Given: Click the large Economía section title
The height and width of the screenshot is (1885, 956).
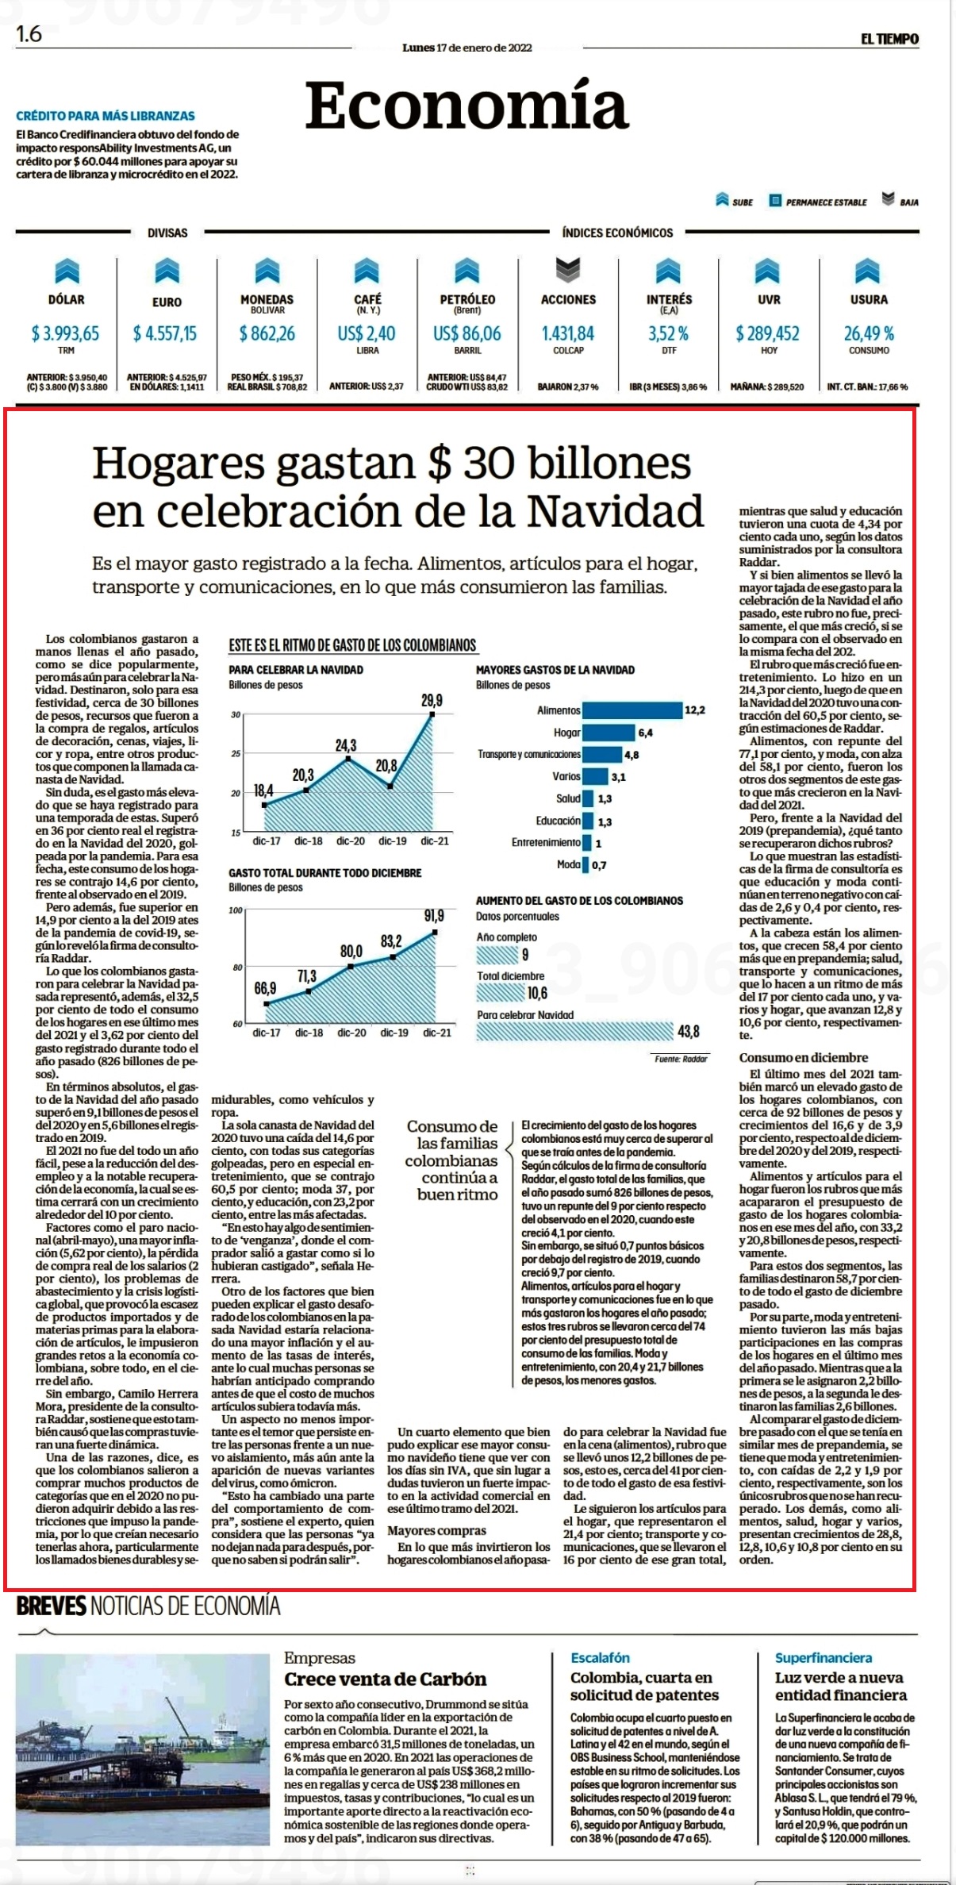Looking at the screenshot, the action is tap(466, 106).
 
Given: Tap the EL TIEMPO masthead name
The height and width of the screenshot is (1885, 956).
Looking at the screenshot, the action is tap(890, 39).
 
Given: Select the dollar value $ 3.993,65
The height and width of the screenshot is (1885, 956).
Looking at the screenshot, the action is tap(66, 333).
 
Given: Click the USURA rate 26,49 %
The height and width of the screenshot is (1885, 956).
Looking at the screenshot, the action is tap(869, 333).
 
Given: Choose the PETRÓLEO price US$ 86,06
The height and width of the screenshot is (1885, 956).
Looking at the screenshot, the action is tap(467, 333).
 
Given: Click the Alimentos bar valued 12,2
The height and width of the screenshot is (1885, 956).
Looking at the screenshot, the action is tap(632, 710).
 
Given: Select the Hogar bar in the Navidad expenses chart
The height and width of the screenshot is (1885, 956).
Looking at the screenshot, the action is tap(609, 733).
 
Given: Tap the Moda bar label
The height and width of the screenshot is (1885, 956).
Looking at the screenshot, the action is tap(569, 864).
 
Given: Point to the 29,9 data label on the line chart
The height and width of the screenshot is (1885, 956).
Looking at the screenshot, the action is tap(432, 701).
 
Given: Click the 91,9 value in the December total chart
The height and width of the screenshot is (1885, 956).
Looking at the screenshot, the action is tap(434, 916).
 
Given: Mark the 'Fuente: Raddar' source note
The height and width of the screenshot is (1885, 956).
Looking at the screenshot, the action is tap(681, 1059).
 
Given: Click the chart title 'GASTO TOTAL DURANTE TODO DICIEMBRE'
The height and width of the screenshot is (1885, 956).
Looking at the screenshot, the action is tap(325, 873).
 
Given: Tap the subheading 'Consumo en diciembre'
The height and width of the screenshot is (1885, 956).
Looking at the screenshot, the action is tap(804, 1057).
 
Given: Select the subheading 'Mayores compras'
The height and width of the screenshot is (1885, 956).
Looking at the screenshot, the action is tap(437, 1530).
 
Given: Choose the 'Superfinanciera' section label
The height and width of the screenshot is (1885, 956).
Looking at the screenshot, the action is tap(824, 1657).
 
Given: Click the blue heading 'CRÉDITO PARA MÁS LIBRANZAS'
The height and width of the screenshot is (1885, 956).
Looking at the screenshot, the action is tap(106, 116).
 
